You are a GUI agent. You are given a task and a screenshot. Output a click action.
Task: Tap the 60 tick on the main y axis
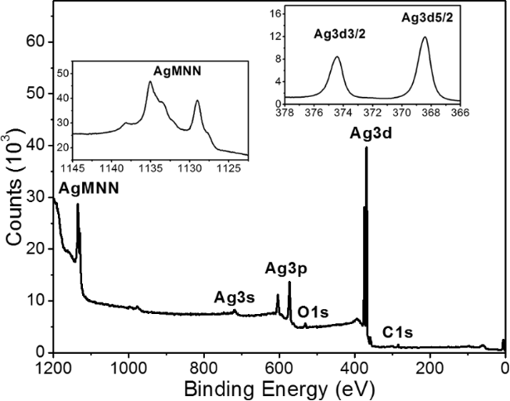(x=36, y=42)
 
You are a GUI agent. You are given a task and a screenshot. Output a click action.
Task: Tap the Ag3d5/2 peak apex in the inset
(x=425, y=36)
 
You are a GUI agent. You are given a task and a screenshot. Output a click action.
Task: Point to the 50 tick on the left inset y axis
(x=61, y=74)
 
